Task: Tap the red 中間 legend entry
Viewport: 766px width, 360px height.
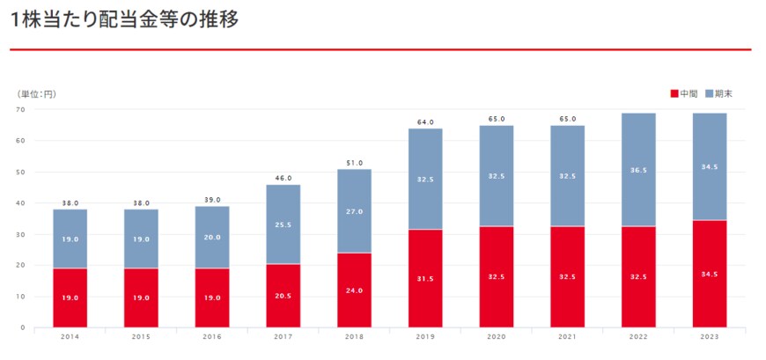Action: (x=684, y=93)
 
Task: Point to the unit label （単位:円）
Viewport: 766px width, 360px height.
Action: (x=36, y=93)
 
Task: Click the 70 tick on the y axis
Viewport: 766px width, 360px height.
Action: (x=20, y=110)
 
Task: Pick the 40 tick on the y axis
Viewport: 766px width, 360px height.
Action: (x=20, y=203)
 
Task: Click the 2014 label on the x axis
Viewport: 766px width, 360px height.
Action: (x=69, y=336)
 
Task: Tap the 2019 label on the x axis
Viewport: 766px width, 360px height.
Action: (x=425, y=336)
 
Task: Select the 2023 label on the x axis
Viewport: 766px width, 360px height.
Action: (x=710, y=336)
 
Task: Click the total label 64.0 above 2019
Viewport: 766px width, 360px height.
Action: (x=425, y=122)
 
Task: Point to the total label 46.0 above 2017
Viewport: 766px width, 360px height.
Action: (x=283, y=179)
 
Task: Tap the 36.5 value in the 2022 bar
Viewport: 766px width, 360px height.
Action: (x=638, y=171)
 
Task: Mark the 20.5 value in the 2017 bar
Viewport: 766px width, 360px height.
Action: (x=283, y=297)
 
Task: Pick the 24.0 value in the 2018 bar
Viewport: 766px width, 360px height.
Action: (x=354, y=291)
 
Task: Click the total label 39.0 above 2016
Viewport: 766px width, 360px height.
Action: (x=211, y=200)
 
